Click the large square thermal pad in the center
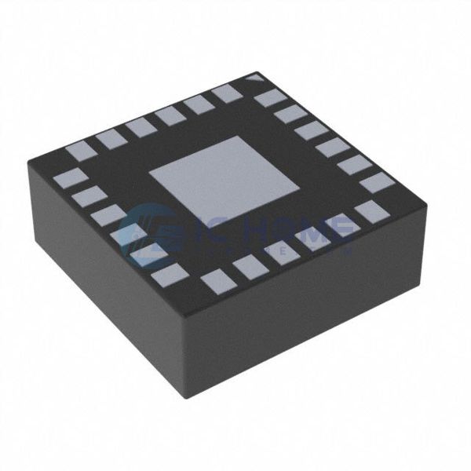[x=225, y=177]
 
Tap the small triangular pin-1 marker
[x=254, y=78]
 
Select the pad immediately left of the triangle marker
[x=227, y=93]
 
